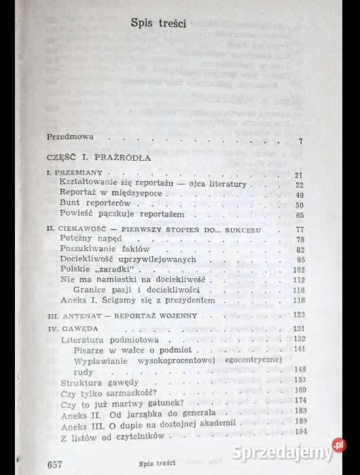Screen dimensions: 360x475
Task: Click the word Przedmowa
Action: pyautogui.click(x=71, y=136)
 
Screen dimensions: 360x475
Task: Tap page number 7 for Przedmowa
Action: pyautogui.click(x=300, y=141)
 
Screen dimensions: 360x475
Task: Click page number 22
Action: pyautogui.click(x=299, y=185)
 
